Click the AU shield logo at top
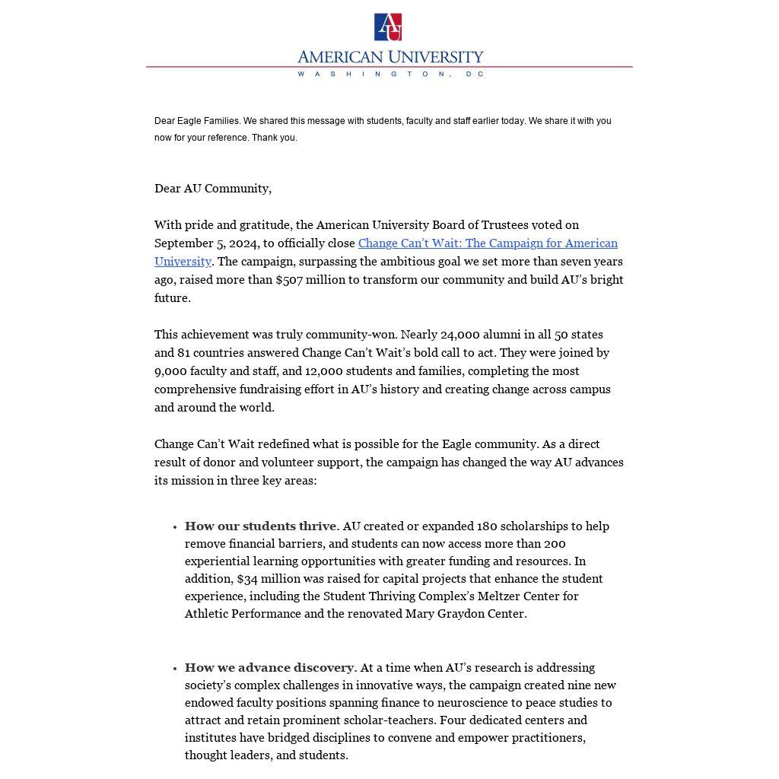[388, 27]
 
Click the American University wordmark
[389, 57]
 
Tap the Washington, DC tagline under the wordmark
[389, 75]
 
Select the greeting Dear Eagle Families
[197, 121]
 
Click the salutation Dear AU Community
[212, 189]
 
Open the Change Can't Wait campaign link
[488, 243]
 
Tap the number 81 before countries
[184, 353]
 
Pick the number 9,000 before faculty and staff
[170, 371]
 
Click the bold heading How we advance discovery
[269, 668]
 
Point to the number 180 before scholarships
[487, 526]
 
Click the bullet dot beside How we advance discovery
[175, 669]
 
